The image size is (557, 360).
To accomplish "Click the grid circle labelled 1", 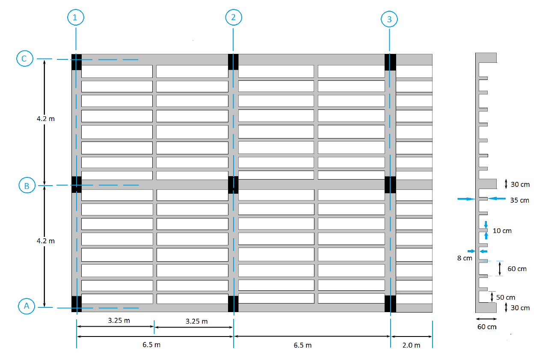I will (76, 18).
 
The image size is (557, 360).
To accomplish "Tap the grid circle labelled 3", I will (389, 19).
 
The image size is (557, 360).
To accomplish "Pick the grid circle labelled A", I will (27, 306).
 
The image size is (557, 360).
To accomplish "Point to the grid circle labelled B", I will (27, 186).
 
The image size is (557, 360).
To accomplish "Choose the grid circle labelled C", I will (24, 59).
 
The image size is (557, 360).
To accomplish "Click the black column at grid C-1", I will (77, 62).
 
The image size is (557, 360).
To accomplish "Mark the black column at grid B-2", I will (233, 184).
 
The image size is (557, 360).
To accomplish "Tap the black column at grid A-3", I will (390, 304).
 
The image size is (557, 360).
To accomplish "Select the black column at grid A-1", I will (77, 304).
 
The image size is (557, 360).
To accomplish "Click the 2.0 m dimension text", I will (411, 345).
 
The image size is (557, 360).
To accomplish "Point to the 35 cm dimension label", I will (519, 200).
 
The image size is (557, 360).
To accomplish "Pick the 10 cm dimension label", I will (502, 231).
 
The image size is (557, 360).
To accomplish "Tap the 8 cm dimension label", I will (464, 258).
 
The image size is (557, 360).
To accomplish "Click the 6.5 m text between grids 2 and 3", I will (302, 345).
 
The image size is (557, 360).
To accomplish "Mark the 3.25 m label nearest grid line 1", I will (118, 321).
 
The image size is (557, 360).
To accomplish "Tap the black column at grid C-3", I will (390, 62).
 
